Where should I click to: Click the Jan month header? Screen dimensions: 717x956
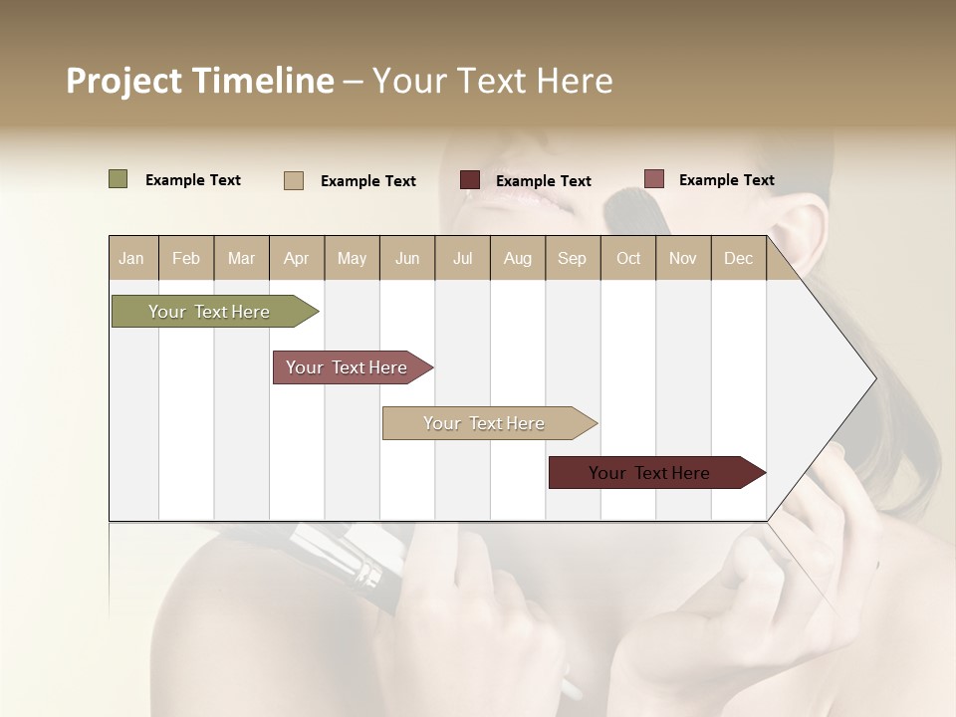(131, 258)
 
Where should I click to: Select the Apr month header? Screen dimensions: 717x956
(296, 258)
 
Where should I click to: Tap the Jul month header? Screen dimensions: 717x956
(462, 258)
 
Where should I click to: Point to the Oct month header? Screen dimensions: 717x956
(628, 258)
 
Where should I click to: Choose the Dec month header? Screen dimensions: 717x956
(738, 258)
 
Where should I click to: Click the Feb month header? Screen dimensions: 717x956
(186, 258)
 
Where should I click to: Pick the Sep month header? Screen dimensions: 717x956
(572, 258)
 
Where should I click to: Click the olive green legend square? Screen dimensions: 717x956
(119, 179)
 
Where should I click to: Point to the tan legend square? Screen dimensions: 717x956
(294, 180)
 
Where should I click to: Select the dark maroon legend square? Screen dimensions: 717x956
(470, 180)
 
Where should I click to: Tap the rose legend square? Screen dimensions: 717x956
(654, 179)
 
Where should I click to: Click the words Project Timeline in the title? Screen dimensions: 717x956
(200, 81)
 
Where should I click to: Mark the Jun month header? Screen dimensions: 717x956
(407, 258)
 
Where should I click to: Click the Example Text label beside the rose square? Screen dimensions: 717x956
(726, 179)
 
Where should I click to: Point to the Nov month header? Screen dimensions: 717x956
(683, 258)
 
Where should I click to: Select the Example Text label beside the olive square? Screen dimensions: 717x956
(192, 179)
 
